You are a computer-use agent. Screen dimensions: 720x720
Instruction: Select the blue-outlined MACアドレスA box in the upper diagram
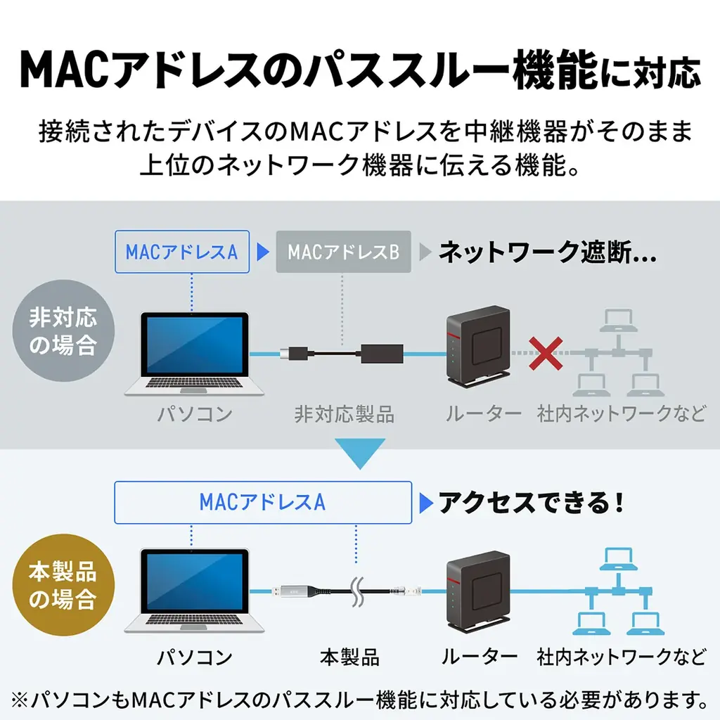click(x=181, y=252)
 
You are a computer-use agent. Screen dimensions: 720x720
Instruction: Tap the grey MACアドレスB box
click(x=343, y=252)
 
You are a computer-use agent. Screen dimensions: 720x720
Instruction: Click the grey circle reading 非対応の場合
click(x=63, y=331)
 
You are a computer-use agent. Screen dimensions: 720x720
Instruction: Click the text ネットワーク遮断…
click(x=547, y=252)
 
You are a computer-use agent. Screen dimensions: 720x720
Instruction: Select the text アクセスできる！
click(x=531, y=502)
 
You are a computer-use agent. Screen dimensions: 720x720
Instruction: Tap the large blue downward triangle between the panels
click(x=359, y=453)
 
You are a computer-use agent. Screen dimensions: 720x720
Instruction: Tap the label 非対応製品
click(x=345, y=415)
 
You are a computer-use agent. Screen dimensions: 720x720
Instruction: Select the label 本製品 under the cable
click(x=349, y=657)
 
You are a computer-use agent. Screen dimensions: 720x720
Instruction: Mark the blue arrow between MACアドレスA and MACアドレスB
click(x=263, y=252)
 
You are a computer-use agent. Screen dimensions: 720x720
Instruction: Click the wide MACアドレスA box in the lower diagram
click(x=262, y=502)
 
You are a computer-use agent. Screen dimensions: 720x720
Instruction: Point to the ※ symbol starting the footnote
click(x=21, y=700)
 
